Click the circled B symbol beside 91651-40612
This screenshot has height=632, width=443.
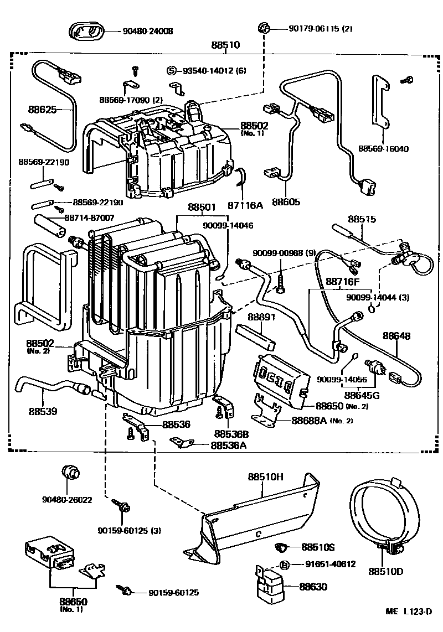(284, 564)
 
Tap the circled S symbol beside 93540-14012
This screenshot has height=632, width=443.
(172, 70)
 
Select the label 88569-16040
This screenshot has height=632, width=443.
(383, 149)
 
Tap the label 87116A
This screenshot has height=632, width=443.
(244, 205)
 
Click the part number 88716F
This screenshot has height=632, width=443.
(342, 283)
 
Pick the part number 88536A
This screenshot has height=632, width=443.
(228, 445)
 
